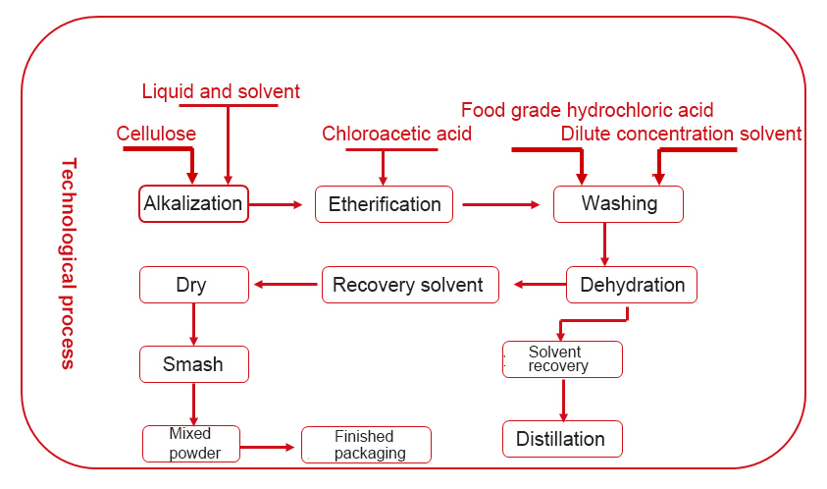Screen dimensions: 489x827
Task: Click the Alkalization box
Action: click(193, 204)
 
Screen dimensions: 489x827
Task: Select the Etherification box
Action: click(384, 204)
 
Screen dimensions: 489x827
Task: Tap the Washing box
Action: click(618, 204)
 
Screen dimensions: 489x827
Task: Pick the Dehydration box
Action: click(632, 285)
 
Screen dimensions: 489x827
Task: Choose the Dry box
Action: click(193, 285)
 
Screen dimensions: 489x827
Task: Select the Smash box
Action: click(193, 364)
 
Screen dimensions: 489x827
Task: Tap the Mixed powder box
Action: click(190, 444)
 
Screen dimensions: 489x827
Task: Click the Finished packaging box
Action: click(366, 445)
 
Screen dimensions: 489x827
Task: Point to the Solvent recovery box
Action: click(562, 359)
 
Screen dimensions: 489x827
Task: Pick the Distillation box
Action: click(562, 438)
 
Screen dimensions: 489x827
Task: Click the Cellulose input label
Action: click(156, 134)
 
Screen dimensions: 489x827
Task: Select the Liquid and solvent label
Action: click(221, 91)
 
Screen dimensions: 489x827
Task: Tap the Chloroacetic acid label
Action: click(396, 134)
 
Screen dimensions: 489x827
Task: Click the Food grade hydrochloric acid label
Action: click(587, 110)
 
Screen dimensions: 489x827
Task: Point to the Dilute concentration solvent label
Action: click(681, 134)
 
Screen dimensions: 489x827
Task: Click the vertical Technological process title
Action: click(67, 263)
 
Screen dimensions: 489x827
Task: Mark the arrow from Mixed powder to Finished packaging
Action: click(267, 447)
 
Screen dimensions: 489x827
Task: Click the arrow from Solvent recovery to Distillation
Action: click(563, 399)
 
